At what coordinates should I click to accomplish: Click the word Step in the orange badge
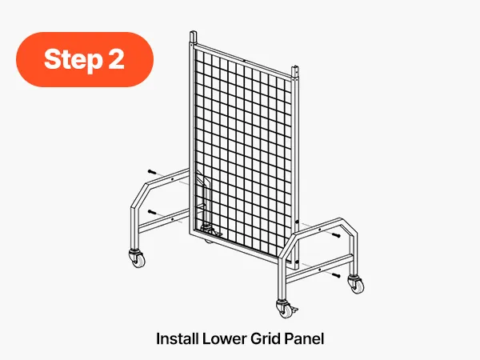[x=73, y=59]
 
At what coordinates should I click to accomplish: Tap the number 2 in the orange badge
[x=116, y=58]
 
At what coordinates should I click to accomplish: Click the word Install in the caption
[x=176, y=339]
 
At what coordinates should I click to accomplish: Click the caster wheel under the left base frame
[x=137, y=258]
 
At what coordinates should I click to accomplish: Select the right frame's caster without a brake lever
[x=356, y=284]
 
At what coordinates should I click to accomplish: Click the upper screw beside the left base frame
[x=152, y=172]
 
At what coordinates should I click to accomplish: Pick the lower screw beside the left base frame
[x=152, y=212]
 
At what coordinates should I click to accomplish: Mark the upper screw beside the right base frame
[x=336, y=235]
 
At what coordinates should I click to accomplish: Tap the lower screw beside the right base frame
[x=336, y=275]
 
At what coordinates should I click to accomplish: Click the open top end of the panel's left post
[x=193, y=32]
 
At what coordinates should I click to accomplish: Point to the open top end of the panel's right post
[x=294, y=67]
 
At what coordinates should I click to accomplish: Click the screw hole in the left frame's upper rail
[x=172, y=179]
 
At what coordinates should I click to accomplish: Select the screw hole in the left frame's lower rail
[x=172, y=219]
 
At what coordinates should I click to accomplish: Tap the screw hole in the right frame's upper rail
[x=320, y=230]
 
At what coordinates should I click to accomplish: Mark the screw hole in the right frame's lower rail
[x=319, y=270]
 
